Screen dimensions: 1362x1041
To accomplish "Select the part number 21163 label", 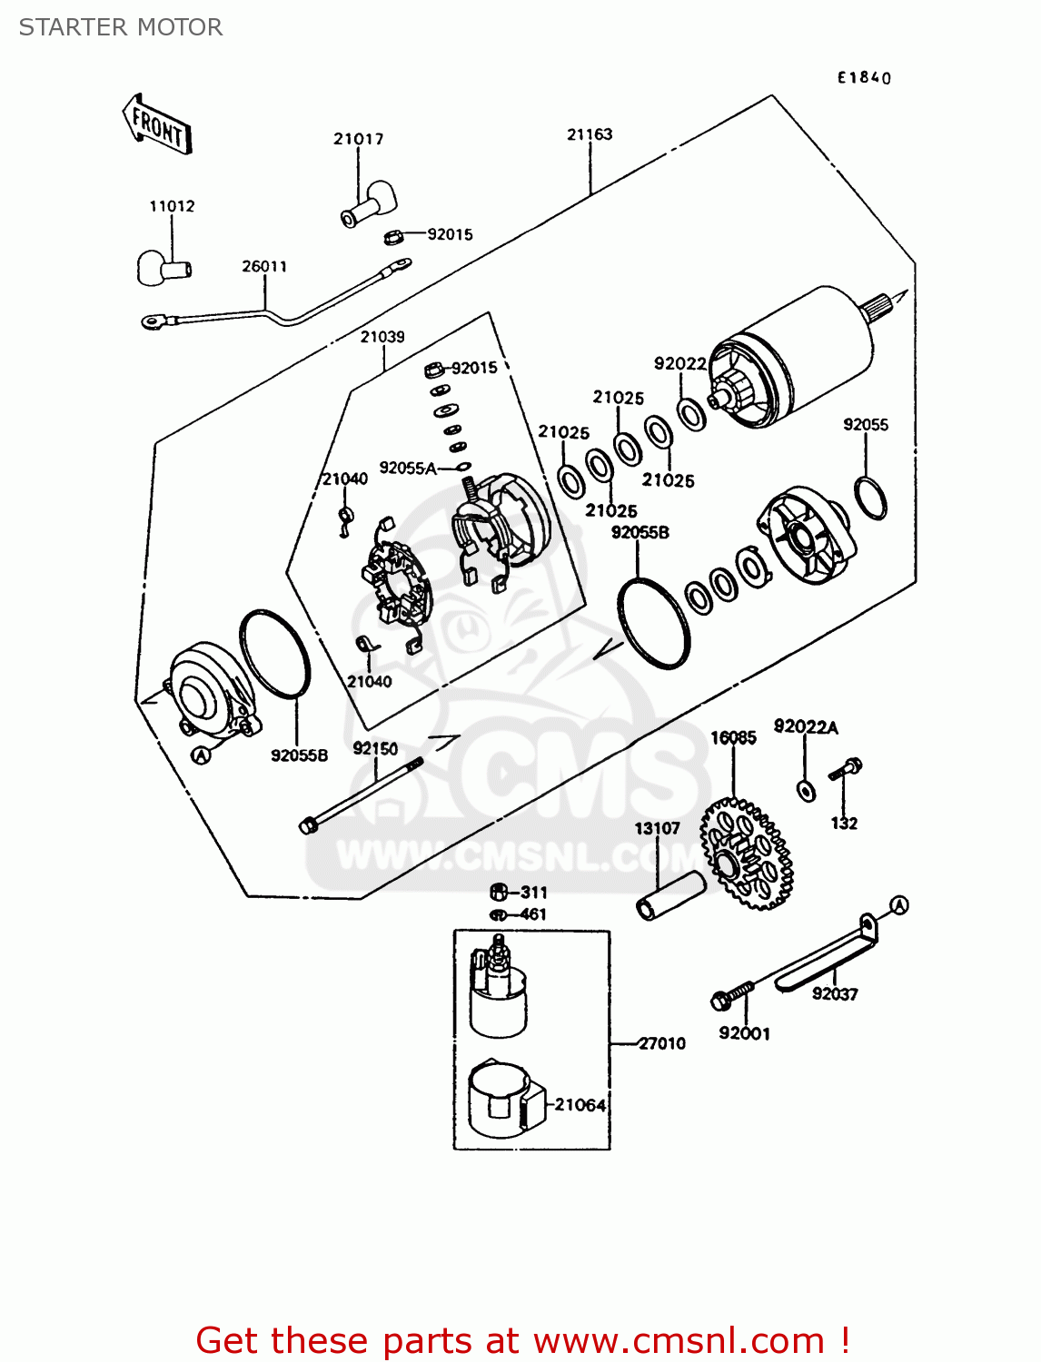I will tap(590, 134).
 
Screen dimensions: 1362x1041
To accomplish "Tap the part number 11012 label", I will tap(172, 206).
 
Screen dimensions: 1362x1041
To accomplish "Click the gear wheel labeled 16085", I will tap(747, 853).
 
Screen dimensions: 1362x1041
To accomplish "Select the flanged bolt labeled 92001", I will tap(732, 995).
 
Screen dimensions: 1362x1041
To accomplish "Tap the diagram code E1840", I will tap(864, 78).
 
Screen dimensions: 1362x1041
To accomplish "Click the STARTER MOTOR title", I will tap(121, 27).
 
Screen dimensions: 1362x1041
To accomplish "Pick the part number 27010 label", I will tap(661, 1043).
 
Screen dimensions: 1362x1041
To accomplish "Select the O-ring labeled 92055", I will tap(870, 498).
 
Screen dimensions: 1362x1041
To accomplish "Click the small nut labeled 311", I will tap(498, 892).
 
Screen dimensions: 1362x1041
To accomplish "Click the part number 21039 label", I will tap(382, 337).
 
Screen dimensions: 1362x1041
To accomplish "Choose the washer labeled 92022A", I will tap(805, 789).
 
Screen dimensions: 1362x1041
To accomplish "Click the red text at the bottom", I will tap(522, 1340).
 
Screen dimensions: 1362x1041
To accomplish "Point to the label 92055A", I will tap(408, 468).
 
